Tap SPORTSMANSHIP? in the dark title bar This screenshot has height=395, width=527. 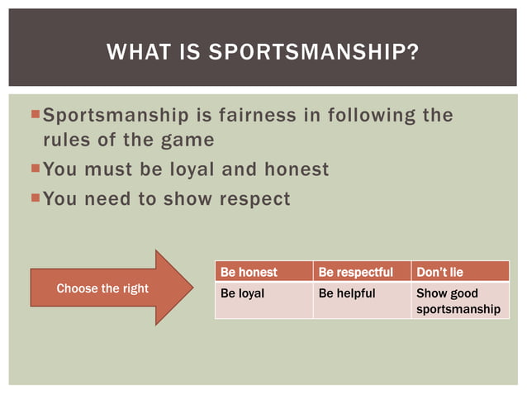tap(313, 53)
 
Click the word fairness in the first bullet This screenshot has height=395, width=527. tap(259, 115)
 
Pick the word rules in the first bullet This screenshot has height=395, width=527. tap(66, 140)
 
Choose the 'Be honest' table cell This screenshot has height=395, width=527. tap(263, 272)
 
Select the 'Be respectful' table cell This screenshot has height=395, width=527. tap(361, 272)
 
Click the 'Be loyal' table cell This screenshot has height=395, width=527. tap(263, 301)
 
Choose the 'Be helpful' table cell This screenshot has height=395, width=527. tap(361, 301)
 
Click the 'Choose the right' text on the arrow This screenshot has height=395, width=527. tap(102, 288)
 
